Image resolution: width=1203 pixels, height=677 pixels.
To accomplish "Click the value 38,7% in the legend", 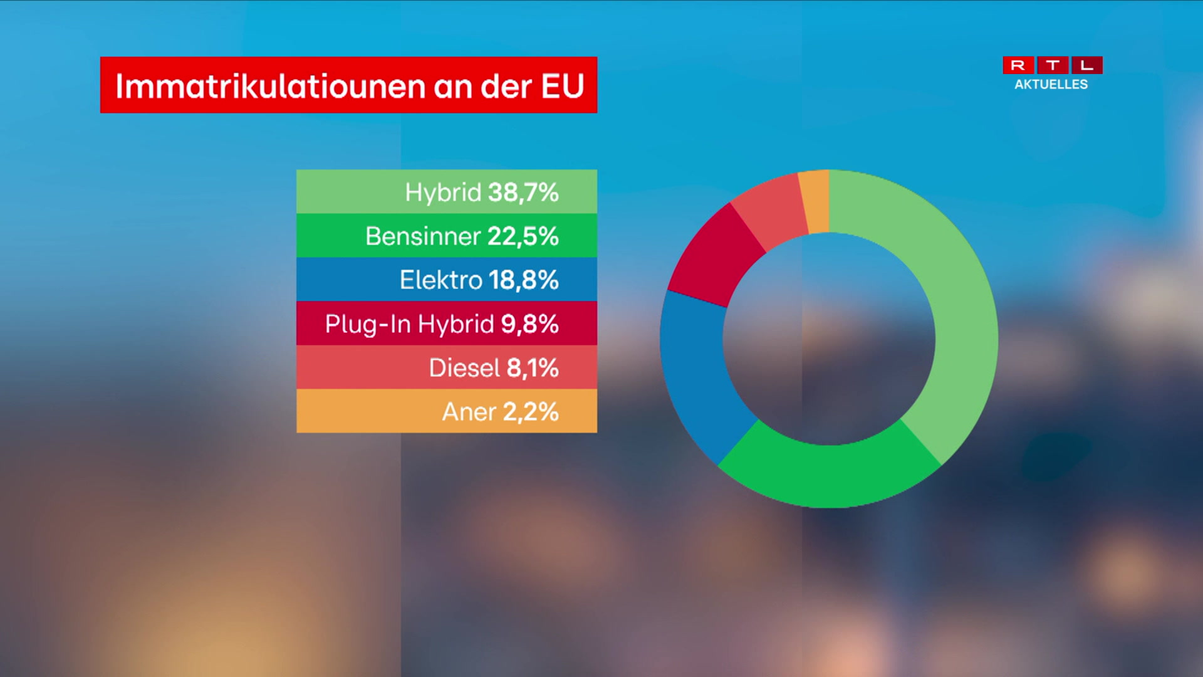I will point(523,192).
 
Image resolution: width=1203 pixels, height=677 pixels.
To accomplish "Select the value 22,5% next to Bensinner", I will point(523,236).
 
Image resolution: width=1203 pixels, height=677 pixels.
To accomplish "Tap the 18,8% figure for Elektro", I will point(523,280).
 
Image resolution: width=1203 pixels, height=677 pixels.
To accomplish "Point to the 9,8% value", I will point(529,324).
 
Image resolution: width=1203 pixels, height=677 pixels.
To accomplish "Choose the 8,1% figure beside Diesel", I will point(532,368).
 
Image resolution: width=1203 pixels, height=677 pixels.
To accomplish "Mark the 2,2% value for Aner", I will point(530,412).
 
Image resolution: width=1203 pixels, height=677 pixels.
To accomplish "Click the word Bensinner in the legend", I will point(423,236).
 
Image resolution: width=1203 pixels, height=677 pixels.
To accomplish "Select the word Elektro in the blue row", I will point(440,280).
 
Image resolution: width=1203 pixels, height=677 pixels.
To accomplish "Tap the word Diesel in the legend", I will point(464,368).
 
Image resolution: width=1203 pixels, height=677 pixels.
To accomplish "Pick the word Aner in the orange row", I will point(469,412).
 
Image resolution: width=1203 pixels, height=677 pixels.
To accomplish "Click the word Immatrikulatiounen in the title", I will point(271,86).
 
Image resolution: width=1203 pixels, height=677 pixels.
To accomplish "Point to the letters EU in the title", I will point(563,86).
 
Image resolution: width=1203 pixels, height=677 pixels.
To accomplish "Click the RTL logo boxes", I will point(1053,65).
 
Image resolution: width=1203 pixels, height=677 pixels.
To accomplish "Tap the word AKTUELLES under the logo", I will point(1051,85).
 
